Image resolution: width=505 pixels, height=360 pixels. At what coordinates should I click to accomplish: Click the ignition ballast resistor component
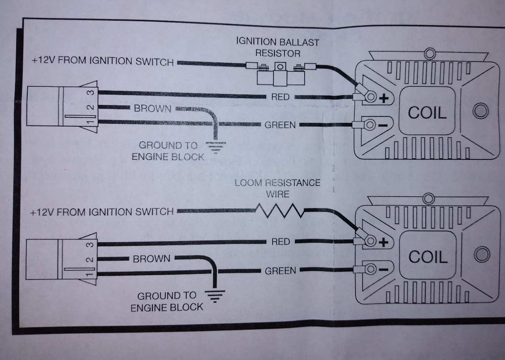point(280,74)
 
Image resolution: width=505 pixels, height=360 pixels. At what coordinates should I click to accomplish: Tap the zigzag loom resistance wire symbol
point(280,211)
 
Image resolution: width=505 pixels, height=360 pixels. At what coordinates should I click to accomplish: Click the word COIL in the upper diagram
point(427,113)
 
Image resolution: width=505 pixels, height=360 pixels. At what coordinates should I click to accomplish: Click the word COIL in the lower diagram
point(428,257)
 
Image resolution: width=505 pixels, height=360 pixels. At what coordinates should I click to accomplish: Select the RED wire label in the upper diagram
point(280,97)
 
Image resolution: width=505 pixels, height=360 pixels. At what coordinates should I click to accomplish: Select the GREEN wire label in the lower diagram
point(280,271)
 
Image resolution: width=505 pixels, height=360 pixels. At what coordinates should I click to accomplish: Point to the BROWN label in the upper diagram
point(153,109)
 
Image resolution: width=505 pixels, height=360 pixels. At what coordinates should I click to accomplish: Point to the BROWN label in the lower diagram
point(151,259)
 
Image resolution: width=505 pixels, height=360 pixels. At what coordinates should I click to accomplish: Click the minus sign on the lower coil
point(384,270)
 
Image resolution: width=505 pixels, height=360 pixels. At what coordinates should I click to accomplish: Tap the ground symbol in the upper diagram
point(216,148)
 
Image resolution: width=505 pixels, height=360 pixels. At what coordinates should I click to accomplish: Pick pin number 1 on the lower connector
point(90,274)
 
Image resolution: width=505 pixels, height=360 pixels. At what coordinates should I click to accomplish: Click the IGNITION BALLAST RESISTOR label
point(277,48)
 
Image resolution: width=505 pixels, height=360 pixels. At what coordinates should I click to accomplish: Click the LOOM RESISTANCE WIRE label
point(277,188)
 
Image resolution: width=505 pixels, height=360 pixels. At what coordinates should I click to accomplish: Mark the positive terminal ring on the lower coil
point(370,241)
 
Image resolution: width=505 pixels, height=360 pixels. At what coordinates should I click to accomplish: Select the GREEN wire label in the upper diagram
point(280,125)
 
